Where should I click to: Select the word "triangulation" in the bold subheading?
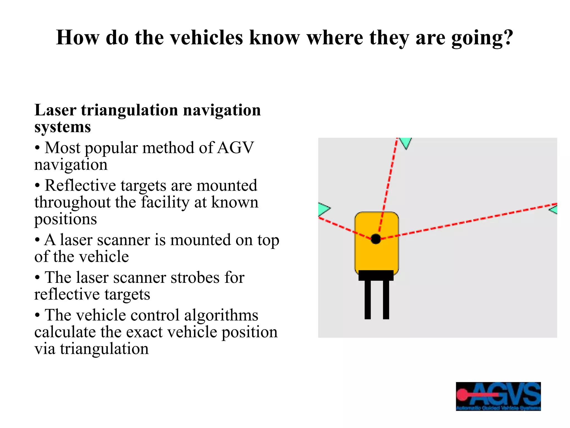tap(129, 110)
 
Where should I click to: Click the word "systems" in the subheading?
tap(63, 127)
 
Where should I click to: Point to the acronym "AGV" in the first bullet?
tap(235, 148)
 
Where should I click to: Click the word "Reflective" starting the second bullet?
tap(80, 186)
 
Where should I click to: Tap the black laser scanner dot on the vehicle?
tap(376, 239)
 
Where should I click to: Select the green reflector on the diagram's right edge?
tap(554, 210)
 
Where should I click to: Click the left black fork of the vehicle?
tap(368, 300)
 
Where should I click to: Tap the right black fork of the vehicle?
tap(386, 300)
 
